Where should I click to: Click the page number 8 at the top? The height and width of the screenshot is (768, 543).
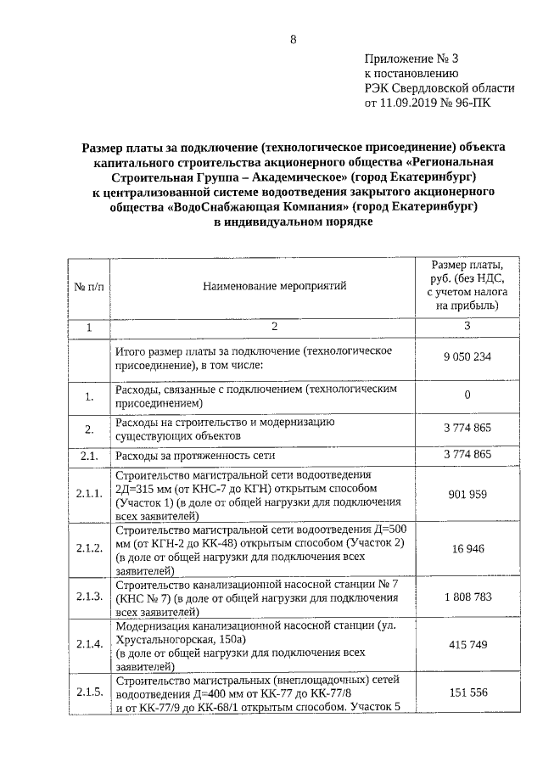point(293,39)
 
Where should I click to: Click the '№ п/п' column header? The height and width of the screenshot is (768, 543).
point(89,287)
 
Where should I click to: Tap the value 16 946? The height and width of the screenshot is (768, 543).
point(467,549)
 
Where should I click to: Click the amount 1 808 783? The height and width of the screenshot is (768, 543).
point(467,597)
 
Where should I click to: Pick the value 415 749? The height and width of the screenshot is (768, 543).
point(467,646)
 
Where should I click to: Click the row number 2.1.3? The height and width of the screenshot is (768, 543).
point(89,597)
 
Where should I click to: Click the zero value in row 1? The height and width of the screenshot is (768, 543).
point(467,395)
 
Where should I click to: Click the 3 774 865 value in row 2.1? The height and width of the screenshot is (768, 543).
point(467,456)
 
